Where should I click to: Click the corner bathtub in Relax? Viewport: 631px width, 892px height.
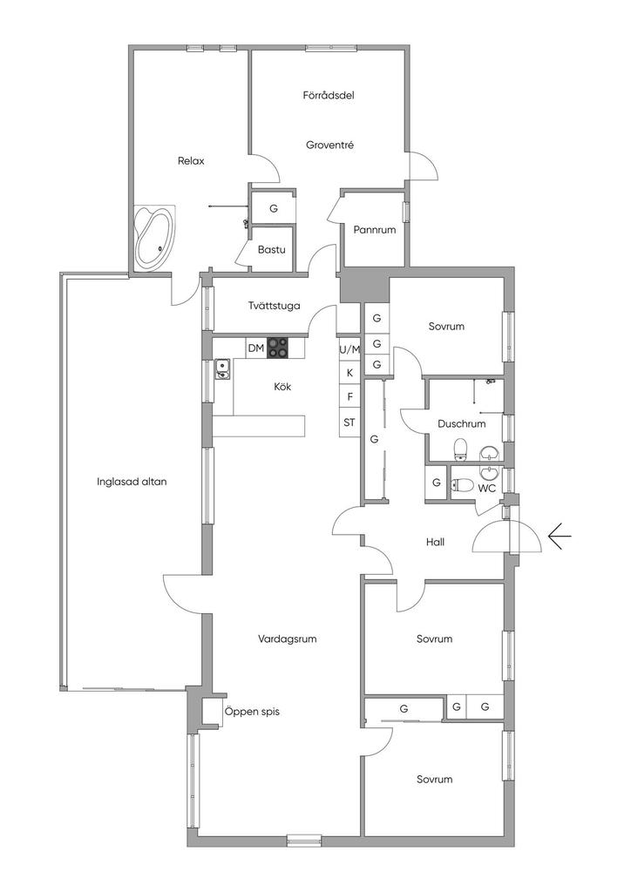[x=155, y=237]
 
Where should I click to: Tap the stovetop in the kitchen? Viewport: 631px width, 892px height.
[x=278, y=348]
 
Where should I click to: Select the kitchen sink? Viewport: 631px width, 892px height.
[x=222, y=369]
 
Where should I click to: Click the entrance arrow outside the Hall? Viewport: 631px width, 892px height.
[x=560, y=537]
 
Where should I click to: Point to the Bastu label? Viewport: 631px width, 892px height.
[x=271, y=250]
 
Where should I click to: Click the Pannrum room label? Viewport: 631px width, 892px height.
[x=375, y=230]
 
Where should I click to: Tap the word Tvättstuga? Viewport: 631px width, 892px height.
[x=275, y=306]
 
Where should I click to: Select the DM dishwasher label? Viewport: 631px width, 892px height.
[x=256, y=348]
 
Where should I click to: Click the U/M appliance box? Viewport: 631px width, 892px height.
[x=349, y=350]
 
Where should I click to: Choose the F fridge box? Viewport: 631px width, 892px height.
[x=349, y=397]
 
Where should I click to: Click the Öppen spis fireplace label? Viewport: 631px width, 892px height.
[x=252, y=712]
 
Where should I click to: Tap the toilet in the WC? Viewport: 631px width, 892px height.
[x=463, y=485]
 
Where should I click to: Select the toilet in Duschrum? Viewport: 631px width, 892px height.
[x=461, y=449]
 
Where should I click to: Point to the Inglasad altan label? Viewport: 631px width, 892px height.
[x=132, y=482]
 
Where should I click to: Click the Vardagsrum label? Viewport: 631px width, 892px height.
[x=288, y=639]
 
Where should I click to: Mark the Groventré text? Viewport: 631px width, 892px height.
[x=330, y=145]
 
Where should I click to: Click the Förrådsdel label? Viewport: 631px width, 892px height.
[x=329, y=95]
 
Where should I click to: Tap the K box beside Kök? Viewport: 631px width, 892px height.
[x=349, y=373]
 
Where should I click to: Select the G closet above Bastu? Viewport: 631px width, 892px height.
[x=274, y=208]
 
